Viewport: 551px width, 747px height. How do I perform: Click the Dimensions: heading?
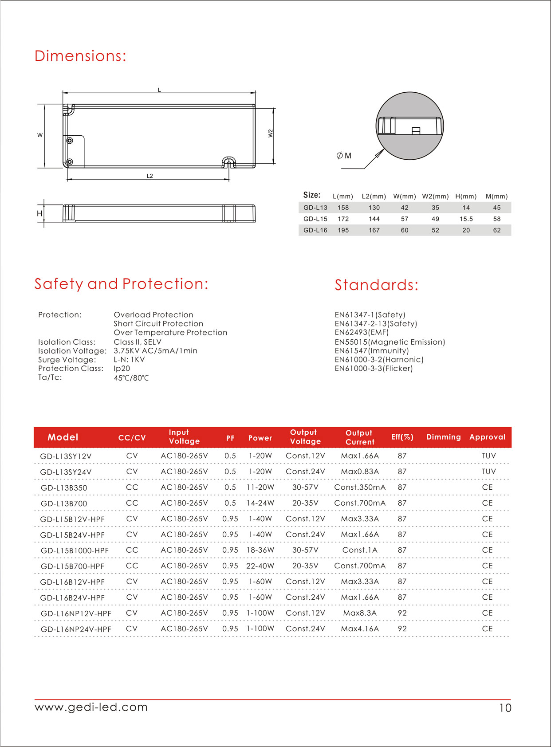[x=80, y=56]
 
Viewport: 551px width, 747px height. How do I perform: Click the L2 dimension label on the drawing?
[x=150, y=176]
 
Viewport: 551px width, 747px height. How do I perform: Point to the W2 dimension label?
[x=271, y=133]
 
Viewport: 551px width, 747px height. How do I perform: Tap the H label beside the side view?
[x=39, y=214]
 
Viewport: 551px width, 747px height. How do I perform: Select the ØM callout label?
[x=344, y=156]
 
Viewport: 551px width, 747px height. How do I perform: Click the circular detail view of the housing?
[x=409, y=126]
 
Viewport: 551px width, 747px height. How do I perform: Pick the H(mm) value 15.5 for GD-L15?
[x=466, y=219]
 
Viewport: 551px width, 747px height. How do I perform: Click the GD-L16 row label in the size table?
[x=315, y=230]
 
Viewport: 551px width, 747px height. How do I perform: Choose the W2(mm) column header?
[x=435, y=196]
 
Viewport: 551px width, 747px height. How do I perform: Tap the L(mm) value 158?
[x=343, y=208]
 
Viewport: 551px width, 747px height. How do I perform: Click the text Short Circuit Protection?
[x=158, y=324]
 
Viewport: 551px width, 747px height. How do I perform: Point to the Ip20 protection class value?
[x=122, y=369]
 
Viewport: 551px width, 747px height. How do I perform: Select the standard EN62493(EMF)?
[x=362, y=332]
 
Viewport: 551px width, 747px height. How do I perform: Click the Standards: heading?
[x=376, y=285]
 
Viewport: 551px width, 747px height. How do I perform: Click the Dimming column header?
[x=444, y=437]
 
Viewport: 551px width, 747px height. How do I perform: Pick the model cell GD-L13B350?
[x=64, y=488]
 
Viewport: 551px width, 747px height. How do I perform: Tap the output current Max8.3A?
[x=360, y=613]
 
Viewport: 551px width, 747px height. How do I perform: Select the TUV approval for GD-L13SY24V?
[x=488, y=472]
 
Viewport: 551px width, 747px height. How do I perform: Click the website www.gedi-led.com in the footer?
[x=91, y=707]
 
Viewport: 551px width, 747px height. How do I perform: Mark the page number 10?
[x=505, y=708]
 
